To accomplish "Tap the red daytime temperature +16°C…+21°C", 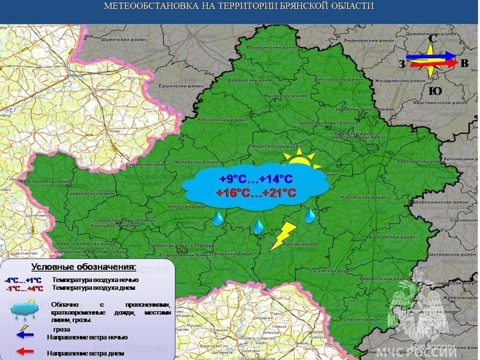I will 256,193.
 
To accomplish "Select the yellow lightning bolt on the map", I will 282,236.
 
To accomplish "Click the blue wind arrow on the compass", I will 430,59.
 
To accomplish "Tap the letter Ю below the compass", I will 435,91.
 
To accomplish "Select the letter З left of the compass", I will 402,63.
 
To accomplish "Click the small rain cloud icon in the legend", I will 23,310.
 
